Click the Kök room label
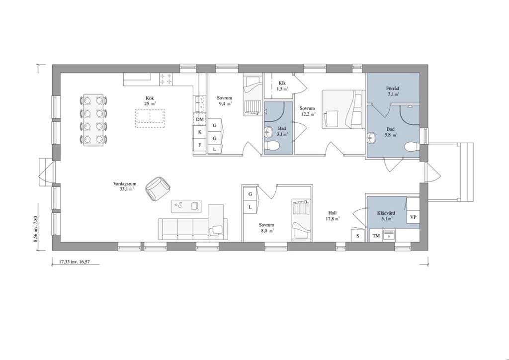click(x=150, y=98)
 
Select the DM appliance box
click(x=200, y=119)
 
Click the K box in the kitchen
click(x=200, y=132)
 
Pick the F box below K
click(x=200, y=145)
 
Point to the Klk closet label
click(x=282, y=83)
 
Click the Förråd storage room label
click(x=393, y=89)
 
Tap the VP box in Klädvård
click(x=413, y=217)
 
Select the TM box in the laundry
click(x=376, y=236)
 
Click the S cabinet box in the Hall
click(x=358, y=236)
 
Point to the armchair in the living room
click(x=158, y=188)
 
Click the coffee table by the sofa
click(x=186, y=206)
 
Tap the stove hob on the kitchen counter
click(x=166, y=79)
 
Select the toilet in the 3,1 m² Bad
click(x=271, y=146)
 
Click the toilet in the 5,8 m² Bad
click(x=412, y=147)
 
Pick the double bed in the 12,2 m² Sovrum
click(x=342, y=109)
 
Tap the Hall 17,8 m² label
click(x=333, y=216)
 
